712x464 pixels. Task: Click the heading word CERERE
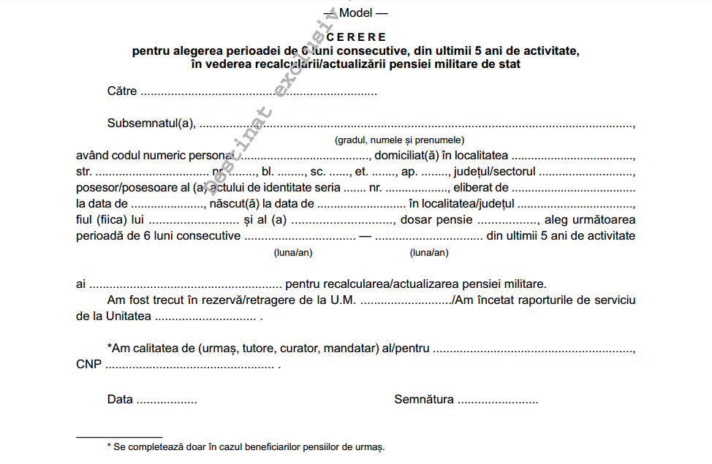[x=357, y=37]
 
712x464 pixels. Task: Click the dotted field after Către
[x=259, y=92]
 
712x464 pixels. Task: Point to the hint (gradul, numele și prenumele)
[x=400, y=140]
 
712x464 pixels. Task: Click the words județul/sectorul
[x=495, y=172]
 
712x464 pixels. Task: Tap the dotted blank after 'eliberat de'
[x=572, y=188]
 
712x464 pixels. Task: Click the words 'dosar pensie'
[x=438, y=219]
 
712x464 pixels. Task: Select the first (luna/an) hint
[x=293, y=253]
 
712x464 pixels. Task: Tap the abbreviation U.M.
[x=344, y=300]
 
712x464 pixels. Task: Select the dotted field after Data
[x=167, y=400]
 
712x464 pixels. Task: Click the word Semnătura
[x=424, y=400]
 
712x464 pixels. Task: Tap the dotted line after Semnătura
[x=498, y=400]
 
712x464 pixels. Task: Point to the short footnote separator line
[x=119, y=437]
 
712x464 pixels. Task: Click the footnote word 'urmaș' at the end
[x=369, y=446]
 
